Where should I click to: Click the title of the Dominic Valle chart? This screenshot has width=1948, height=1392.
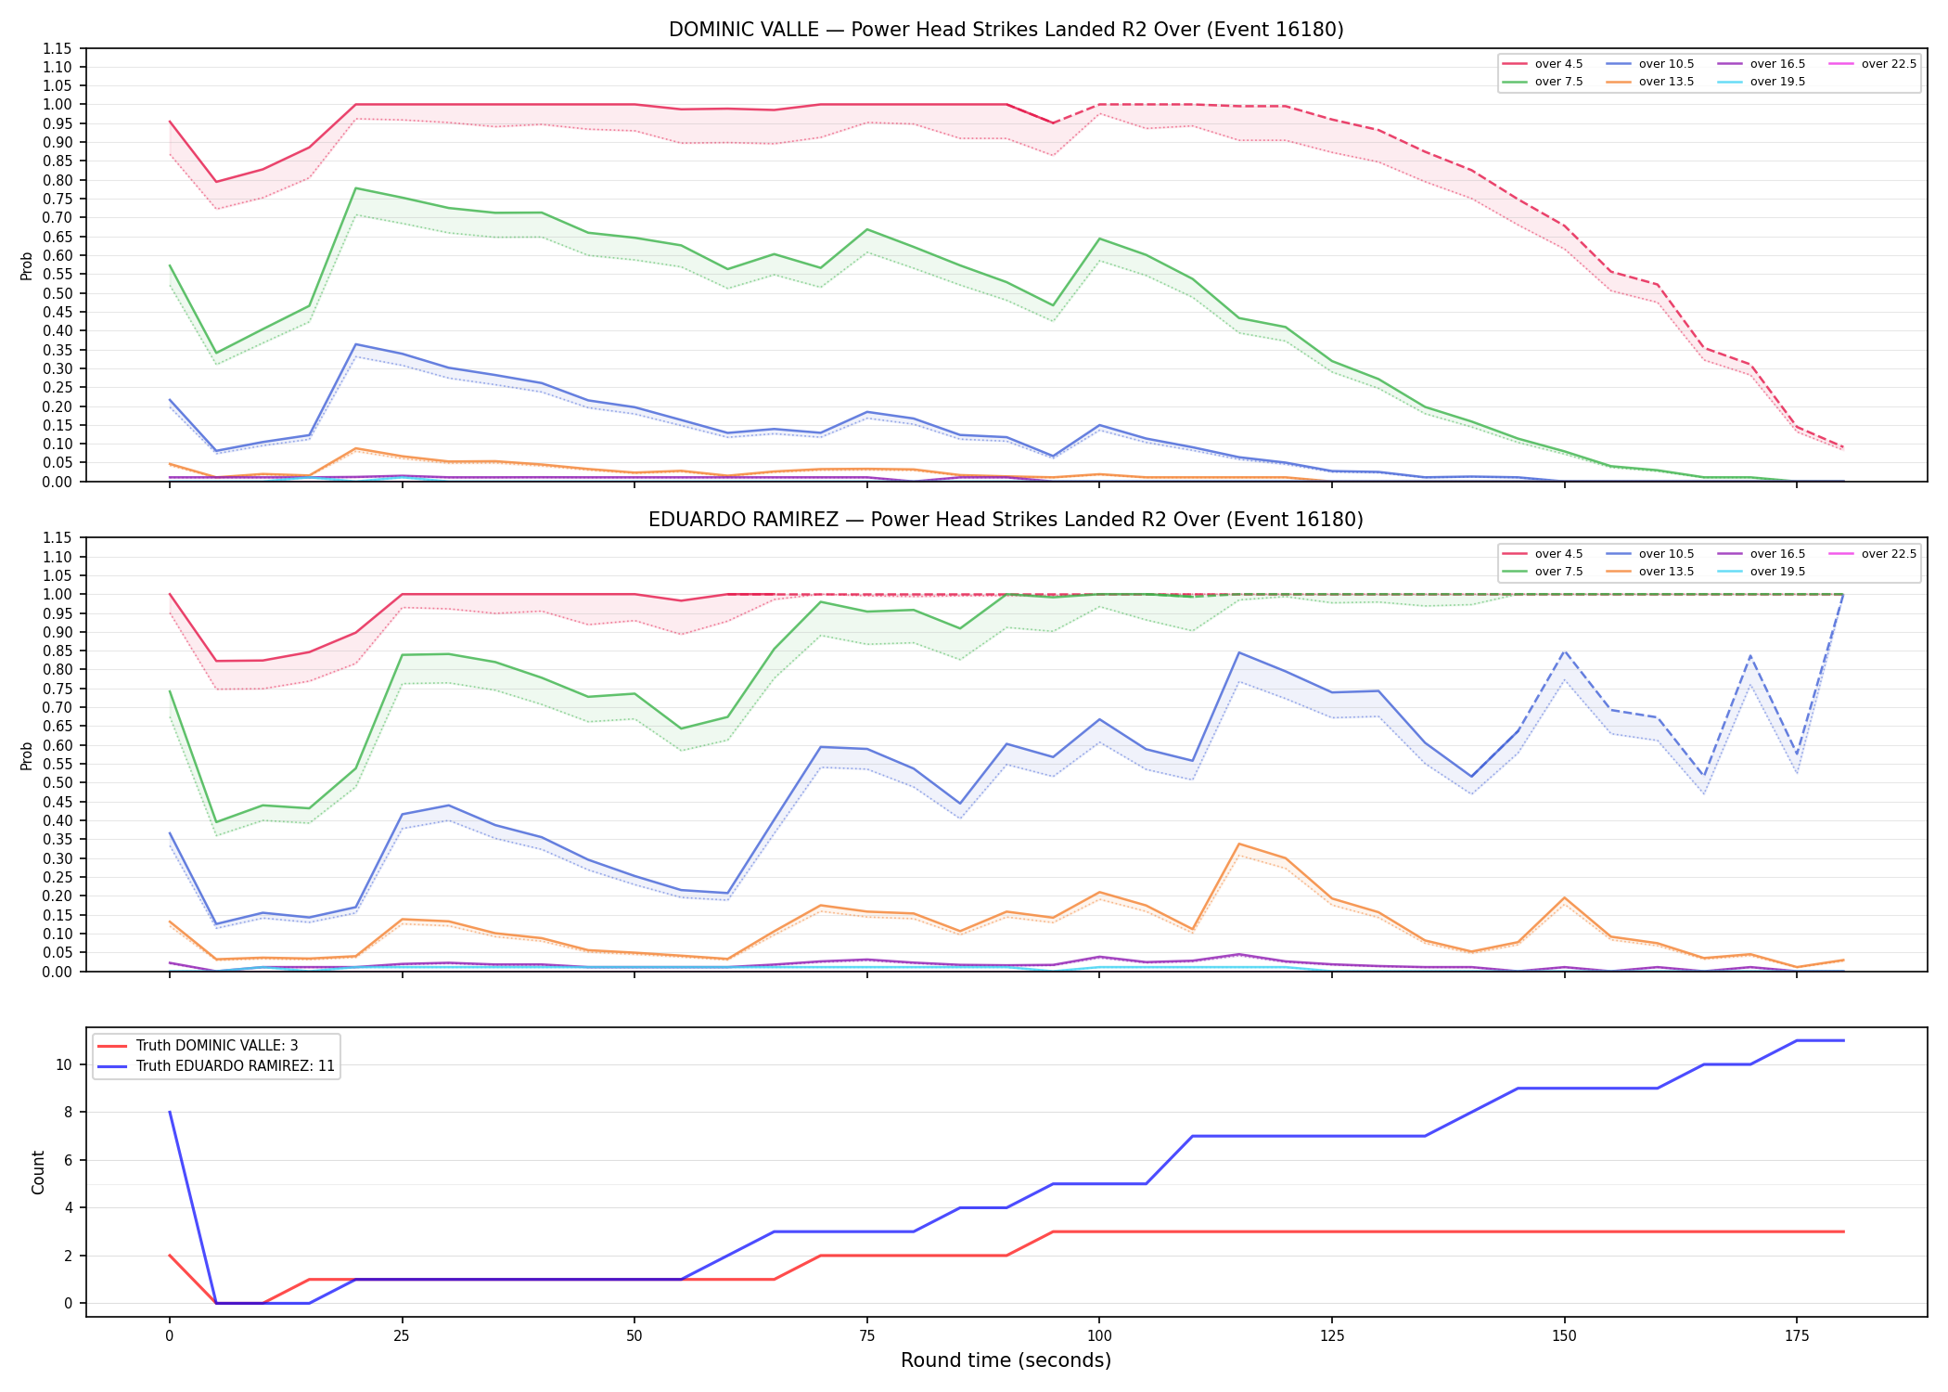tap(1006, 30)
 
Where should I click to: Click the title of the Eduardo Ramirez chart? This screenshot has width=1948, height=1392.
tap(1006, 520)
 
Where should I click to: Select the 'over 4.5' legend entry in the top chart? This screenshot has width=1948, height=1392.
tap(1543, 64)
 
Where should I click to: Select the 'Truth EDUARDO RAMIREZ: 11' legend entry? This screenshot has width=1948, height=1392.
tap(216, 1066)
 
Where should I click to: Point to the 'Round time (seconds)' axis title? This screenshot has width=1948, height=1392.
tap(1006, 1360)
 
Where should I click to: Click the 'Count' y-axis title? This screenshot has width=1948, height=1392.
tap(38, 1172)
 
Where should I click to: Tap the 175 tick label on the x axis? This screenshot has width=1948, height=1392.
tap(1796, 1336)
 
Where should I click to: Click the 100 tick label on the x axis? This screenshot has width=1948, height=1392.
tap(1098, 1336)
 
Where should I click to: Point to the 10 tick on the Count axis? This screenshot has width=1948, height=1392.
tap(64, 1064)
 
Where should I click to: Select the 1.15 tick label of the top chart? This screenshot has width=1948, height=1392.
tap(57, 48)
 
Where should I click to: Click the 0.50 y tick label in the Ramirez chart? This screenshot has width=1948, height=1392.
tap(57, 782)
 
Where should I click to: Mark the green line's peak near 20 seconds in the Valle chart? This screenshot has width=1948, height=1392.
tap(356, 188)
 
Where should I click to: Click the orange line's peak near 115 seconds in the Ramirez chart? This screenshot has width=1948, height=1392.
tap(1239, 844)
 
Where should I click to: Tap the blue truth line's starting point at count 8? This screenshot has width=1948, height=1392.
tap(170, 1112)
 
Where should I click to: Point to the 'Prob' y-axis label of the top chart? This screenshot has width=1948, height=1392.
tap(27, 265)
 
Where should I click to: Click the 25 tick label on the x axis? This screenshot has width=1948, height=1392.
tap(402, 1336)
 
